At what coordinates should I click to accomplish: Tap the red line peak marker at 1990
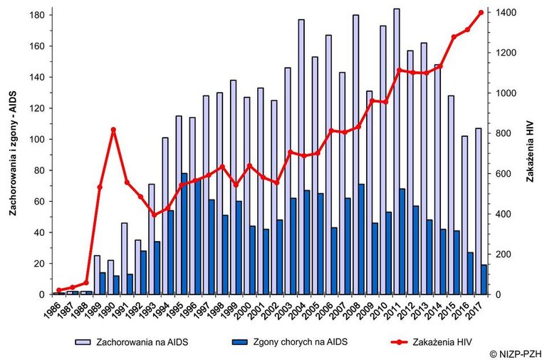[113, 130]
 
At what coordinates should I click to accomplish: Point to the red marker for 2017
[481, 12]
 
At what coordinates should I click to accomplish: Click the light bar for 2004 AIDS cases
[301, 157]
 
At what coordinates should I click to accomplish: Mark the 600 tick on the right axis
[503, 174]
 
